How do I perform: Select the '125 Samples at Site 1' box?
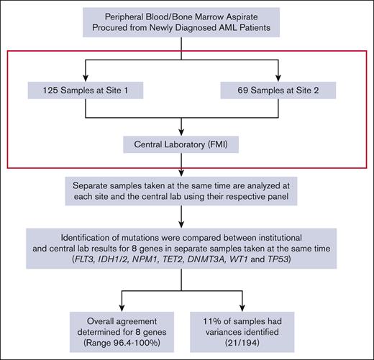[86, 90]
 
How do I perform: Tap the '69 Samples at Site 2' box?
[277, 90]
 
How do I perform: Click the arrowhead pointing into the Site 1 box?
[86, 77]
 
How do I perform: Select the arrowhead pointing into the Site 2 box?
[277, 77]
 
